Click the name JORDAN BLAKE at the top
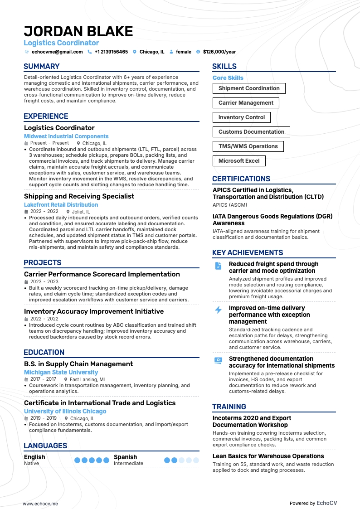click(x=78, y=31)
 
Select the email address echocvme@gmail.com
click(x=57, y=52)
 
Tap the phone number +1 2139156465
click(x=111, y=52)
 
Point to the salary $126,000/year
click(x=219, y=52)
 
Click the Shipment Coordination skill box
click(x=249, y=88)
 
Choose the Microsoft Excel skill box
click(x=239, y=161)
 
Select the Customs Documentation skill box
click(x=251, y=132)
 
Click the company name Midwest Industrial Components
click(x=66, y=136)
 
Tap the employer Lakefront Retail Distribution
click(x=61, y=205)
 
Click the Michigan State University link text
click(x=61, y=373)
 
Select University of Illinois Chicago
click(x=65, y=412)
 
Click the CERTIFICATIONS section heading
click(x=241, y=179)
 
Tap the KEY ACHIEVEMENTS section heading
click(x=248, y=253)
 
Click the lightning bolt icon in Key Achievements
click(x=218, y=310)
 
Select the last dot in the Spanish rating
click(x=196, y=460)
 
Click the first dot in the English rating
click(x=77, y=460)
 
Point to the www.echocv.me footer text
click(x=40, y=491)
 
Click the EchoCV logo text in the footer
click(x=326, y=490)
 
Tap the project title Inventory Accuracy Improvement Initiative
click(x=94, y=311)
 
